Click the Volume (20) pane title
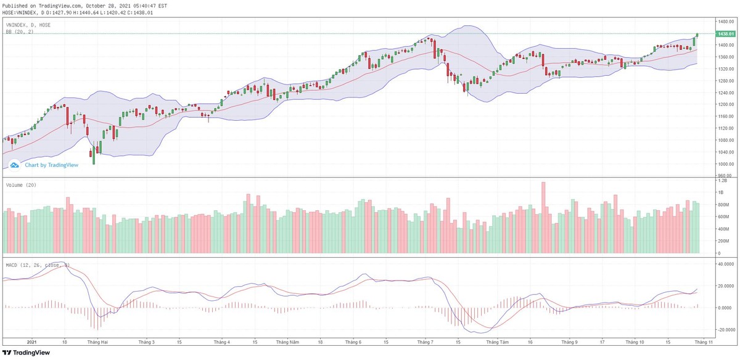(21, 185)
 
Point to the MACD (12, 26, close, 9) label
(38, 265)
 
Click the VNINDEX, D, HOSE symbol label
(28, 25)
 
